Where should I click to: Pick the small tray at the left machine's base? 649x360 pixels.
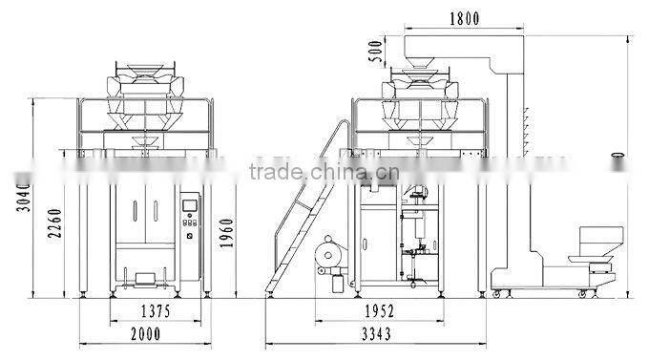pos(145,279)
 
